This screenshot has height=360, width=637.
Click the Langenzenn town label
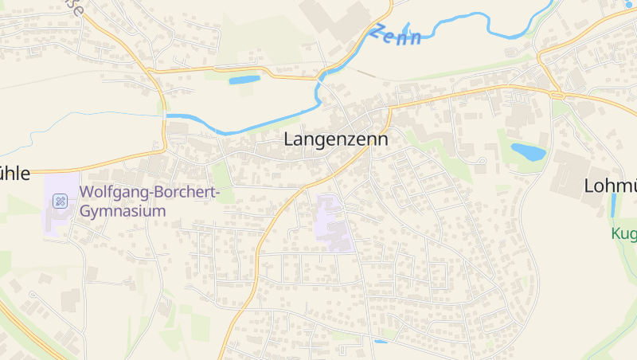point(336,139)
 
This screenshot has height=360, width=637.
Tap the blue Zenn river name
point(395,35)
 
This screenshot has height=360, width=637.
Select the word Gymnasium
point(123,211)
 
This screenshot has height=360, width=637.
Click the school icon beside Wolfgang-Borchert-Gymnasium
point(60,201)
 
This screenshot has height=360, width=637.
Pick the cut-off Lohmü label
point(610,186)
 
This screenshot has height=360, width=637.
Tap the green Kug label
point(623,234)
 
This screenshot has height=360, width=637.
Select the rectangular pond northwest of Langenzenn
point(244,80)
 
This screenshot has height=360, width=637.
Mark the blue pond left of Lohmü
point(528,151)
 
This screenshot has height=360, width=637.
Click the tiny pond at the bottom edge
point(381,342)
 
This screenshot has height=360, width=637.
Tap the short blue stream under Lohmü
point(612,205)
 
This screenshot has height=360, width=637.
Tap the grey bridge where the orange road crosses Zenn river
point(322,74)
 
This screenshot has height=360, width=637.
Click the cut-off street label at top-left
point(73,8)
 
